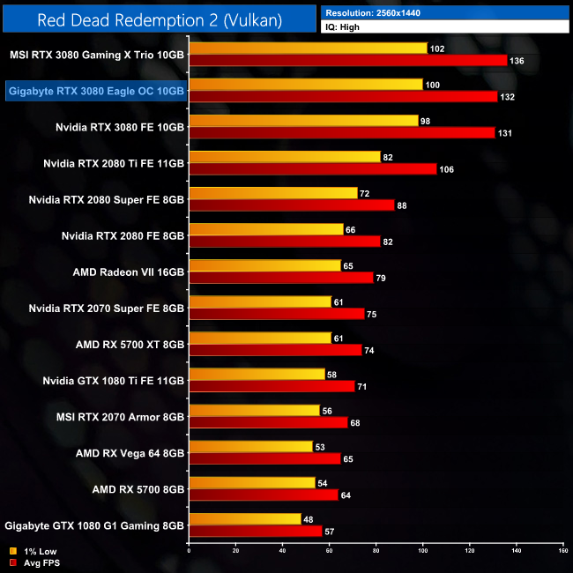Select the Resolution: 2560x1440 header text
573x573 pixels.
coord(378,12)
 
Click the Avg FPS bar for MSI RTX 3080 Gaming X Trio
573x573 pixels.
coord(348,60)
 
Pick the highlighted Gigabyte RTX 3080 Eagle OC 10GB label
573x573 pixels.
coord(96,91)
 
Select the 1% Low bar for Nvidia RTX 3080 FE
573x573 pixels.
coord(304,120)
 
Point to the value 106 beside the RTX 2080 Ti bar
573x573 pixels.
coord(446,169)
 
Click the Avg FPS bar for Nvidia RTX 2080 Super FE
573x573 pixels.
coord(292,205)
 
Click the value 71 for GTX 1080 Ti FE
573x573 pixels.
coord(362,386)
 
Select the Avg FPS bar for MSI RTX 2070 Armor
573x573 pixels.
coord(269,421)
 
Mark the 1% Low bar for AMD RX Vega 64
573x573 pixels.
coord(251,446)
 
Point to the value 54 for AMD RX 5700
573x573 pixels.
coord(323,483)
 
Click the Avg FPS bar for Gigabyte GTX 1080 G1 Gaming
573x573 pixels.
coord(256,531)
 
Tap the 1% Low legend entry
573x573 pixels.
coord(31,552)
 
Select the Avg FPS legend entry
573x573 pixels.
coord(33,562)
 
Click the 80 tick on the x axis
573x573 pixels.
coord(376,550)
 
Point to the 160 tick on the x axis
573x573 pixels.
coord(562,550)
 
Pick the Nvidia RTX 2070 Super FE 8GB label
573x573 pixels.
coord(106,309)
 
